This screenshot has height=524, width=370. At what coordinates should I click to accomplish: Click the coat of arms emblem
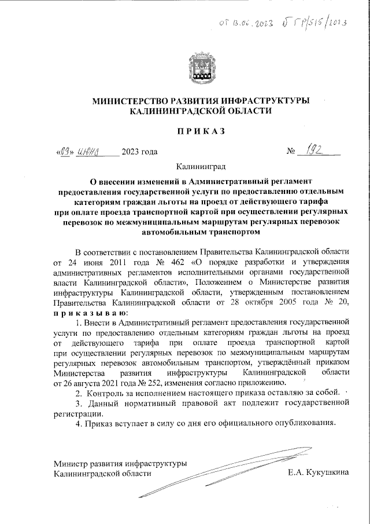pos(201,68)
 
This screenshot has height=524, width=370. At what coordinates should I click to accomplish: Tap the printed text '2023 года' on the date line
pos(139,153)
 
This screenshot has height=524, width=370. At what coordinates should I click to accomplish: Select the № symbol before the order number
pos(292,154)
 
